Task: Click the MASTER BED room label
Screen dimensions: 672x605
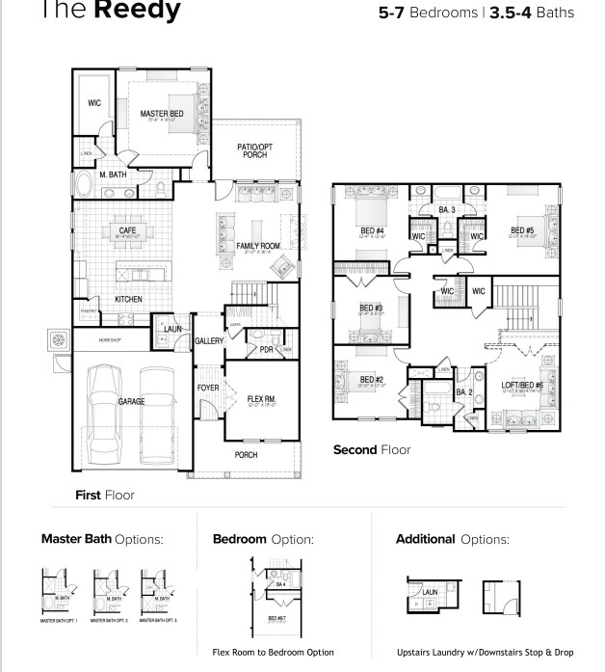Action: click(x=161, y=114)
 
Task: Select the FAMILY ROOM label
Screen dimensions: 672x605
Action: click(x=258, y=247)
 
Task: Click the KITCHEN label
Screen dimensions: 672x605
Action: click(x=128, y=300)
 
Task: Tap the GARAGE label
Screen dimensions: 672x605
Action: click(x=131, y=401)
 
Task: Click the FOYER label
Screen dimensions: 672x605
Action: click(x=208, y=388)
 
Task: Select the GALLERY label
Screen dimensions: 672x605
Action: click(x=209, y=341)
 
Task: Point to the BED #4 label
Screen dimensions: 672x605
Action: click(x=373, y=230)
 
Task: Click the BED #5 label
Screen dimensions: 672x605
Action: click(x=522, y=230)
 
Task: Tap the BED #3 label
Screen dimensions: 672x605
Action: click(x=372, y=308)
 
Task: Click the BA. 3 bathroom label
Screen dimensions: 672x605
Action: click(x=446, y=209)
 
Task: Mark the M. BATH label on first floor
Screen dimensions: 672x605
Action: click(x=113, y=175)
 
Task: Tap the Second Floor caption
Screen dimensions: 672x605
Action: click(x=372, y=450)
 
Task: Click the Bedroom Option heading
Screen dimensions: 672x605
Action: click(x=263, y=539)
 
